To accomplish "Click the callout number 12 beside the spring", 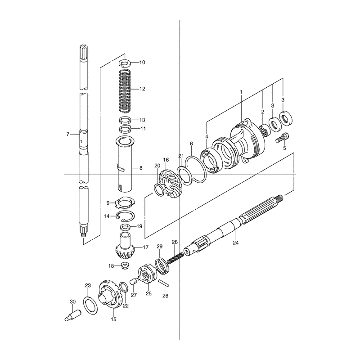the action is (x=142, y=89).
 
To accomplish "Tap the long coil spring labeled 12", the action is (x=125, y=91).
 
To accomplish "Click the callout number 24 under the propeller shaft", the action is (x=236, y=243).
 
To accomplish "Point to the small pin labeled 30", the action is (x=72, y=315).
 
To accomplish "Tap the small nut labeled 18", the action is (x=125, y=266).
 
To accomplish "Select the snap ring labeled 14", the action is (x=126, y=216).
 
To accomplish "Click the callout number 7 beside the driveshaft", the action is (x=68, y=134).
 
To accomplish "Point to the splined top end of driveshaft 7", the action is (x=83, y=50).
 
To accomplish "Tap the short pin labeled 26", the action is (x=164, y=283).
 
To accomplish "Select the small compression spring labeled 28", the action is (x=175, y=257).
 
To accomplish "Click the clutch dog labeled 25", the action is (x=148, y=273).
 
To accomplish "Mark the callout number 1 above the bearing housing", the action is (x=241, y=92).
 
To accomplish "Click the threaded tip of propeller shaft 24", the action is (x=279, y=197).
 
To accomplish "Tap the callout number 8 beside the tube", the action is (x=141, y=168).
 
